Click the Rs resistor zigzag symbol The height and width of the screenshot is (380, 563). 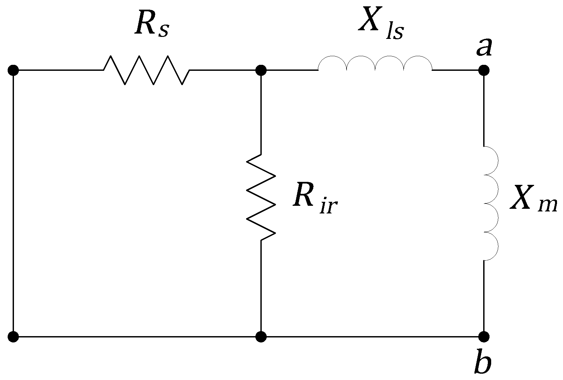coord(146,70)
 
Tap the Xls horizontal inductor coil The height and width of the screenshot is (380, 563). coord(375,65)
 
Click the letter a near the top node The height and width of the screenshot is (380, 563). coord(484,47)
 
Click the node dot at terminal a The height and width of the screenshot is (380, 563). coord(484,70)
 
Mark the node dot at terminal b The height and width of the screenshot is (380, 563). coord(484,336)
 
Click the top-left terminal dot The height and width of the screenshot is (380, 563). coord(13,70)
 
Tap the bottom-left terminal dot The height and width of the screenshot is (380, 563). coord(13,336)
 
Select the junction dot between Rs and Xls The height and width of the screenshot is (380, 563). coord(261,70)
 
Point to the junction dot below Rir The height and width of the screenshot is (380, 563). coord(261,336)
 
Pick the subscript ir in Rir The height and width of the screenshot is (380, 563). coord(330,206)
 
